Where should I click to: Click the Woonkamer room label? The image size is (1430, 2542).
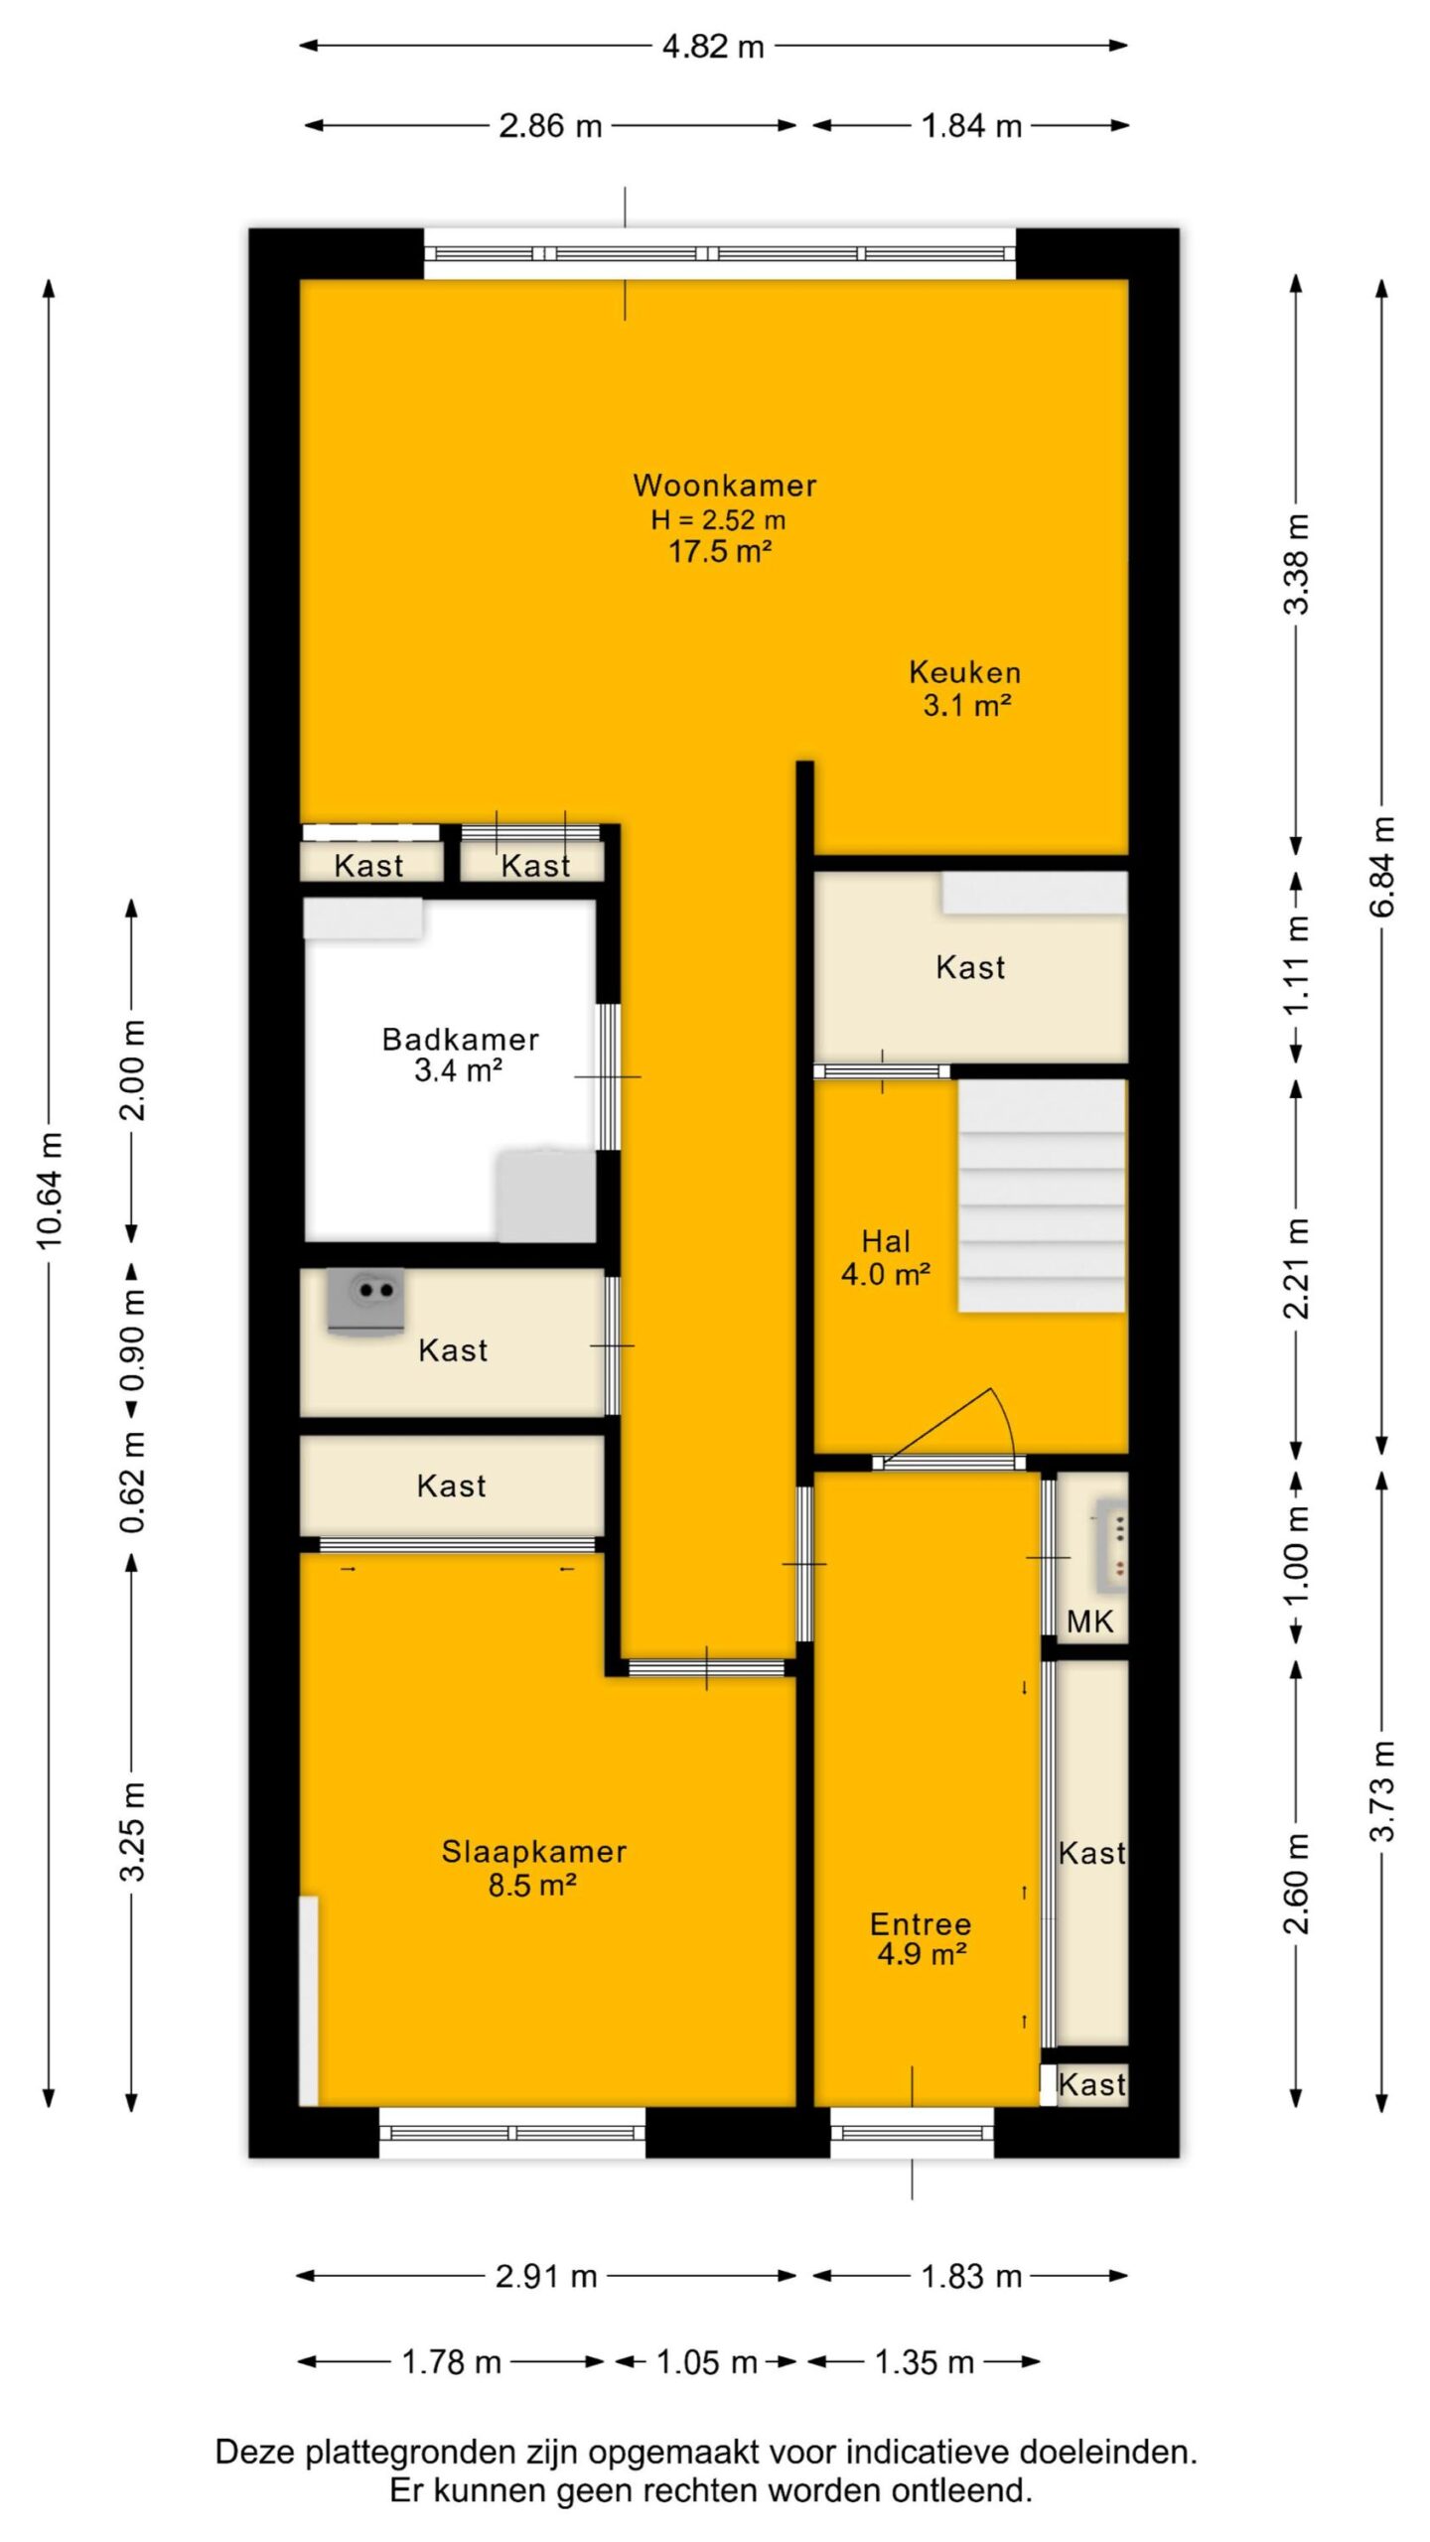coord(725,486)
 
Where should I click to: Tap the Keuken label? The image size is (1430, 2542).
coord(965,672)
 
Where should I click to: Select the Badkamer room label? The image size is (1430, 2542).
coord(461,1040)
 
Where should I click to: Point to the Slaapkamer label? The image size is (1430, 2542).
coord(534,1852)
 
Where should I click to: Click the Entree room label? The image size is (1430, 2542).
coord(921,1924)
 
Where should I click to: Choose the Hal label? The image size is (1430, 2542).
coord(886,1241)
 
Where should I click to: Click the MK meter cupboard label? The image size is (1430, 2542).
coord(1090,1623)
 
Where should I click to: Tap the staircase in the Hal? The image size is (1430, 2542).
coord(1043,1196)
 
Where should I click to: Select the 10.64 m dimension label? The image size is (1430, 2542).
coord(50,1189)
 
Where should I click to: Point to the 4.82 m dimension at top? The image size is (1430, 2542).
coord(713,46)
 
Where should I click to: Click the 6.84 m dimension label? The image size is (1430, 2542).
coord(1382,866)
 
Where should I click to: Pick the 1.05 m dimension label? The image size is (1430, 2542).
coord(706,2362)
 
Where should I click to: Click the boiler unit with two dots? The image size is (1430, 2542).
coord(366,1301)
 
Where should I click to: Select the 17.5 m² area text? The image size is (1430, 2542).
coord(720,551)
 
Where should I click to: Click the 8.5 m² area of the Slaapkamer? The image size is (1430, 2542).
coord(532,1885)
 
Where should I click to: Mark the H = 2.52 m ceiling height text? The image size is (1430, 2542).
coord(719,519)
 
